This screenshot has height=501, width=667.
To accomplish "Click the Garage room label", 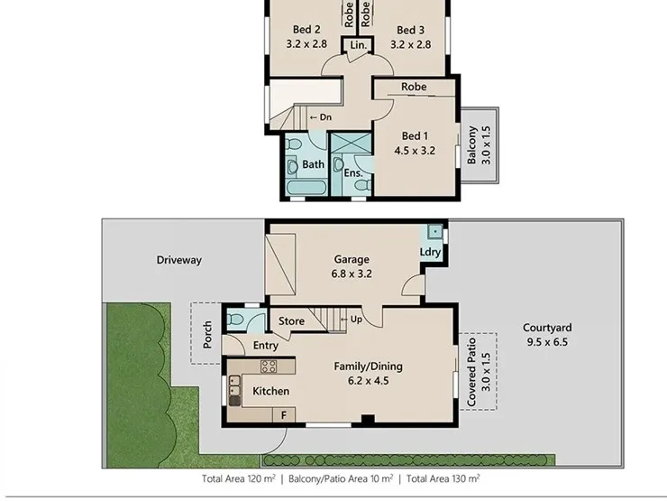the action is click(x=352, y=259).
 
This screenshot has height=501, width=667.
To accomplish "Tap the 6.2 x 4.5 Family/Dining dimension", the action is click(x=369, y=380).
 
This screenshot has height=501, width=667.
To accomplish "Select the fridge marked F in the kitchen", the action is click(x=284, y=415).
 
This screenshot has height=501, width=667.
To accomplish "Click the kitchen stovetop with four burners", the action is click(x=269, y=366).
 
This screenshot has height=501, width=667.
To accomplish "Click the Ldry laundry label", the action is click(x=430, y=252).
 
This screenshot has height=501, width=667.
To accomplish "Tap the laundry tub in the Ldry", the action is click(x=434, y=232).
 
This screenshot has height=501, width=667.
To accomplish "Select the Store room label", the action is click(x=291, y=320).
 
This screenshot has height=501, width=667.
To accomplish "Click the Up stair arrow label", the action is click(x=352, y=319).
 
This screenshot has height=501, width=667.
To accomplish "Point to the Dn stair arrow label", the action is click(x=321, y=117).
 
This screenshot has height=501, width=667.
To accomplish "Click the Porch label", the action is click(x=207, y=335).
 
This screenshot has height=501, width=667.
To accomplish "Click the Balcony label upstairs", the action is click(x=471, y=144).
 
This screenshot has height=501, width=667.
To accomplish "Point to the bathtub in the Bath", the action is click(x=306, y=188).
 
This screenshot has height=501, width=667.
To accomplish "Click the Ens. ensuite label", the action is click(x=353, y=173).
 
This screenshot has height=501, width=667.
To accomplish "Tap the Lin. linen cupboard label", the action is click(x=358, y=45).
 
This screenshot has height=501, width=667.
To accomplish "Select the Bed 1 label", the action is click(x=415, y=136).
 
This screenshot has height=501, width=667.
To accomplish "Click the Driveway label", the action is click(x=179, y=260).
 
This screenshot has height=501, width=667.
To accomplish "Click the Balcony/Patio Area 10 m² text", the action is click(x=341, y=478).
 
